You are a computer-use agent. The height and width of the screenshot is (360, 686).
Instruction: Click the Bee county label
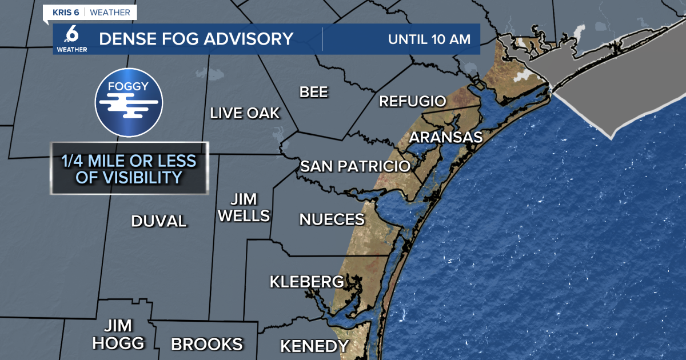click(314, 92)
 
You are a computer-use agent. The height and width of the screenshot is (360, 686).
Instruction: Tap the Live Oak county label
click(245, 113)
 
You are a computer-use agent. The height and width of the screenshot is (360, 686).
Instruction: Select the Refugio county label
click(412, 102)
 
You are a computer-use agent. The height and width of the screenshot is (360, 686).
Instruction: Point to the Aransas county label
click(446, 138)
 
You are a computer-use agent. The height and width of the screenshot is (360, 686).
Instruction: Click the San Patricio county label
click(355, 166)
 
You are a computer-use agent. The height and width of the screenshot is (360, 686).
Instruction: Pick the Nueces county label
click(332, 219)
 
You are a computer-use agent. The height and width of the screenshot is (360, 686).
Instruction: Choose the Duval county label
click(159, 221)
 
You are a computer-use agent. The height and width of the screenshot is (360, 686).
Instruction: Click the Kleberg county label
click(307, 282)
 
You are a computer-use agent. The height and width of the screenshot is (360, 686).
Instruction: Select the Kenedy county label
click(314, 346)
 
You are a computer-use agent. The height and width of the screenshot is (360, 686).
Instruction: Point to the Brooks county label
click(207, 345)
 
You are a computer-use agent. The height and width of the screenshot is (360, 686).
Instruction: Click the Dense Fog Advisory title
click(196, 39)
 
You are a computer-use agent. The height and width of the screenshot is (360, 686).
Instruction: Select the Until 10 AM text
click(429, 39)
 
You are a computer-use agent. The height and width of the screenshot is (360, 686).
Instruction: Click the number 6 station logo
click(72, 35)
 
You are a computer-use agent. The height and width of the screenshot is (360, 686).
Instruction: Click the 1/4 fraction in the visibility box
click(73, 161)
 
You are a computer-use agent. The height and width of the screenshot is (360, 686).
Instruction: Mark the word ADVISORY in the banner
click(248, 39)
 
